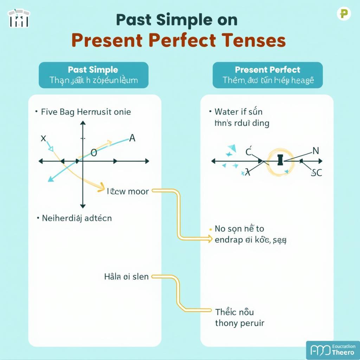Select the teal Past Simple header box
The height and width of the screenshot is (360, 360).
(94, 75)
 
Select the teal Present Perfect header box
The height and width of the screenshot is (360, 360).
(268, 75)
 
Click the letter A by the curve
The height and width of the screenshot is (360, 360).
(132, 138)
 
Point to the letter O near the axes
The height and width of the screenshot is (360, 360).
(94, 153)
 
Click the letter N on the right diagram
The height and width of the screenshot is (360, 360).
(315, 151)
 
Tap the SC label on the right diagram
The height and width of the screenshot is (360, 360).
(316, 173)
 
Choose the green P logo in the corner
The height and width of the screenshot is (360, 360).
(343, 14)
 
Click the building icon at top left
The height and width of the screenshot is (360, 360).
(19, 18)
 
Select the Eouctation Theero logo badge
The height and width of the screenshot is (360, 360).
(333, 350)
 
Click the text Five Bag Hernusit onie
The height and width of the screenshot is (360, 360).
(86, 112)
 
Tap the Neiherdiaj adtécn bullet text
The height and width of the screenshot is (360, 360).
(77, 218)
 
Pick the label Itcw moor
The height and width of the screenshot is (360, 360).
(128, 192)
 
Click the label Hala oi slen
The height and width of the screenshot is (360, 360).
(126, 277)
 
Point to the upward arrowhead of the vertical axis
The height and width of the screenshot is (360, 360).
(83, 123)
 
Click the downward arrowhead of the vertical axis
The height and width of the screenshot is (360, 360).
(83, 206)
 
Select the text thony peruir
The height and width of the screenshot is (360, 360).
(239, 323)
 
